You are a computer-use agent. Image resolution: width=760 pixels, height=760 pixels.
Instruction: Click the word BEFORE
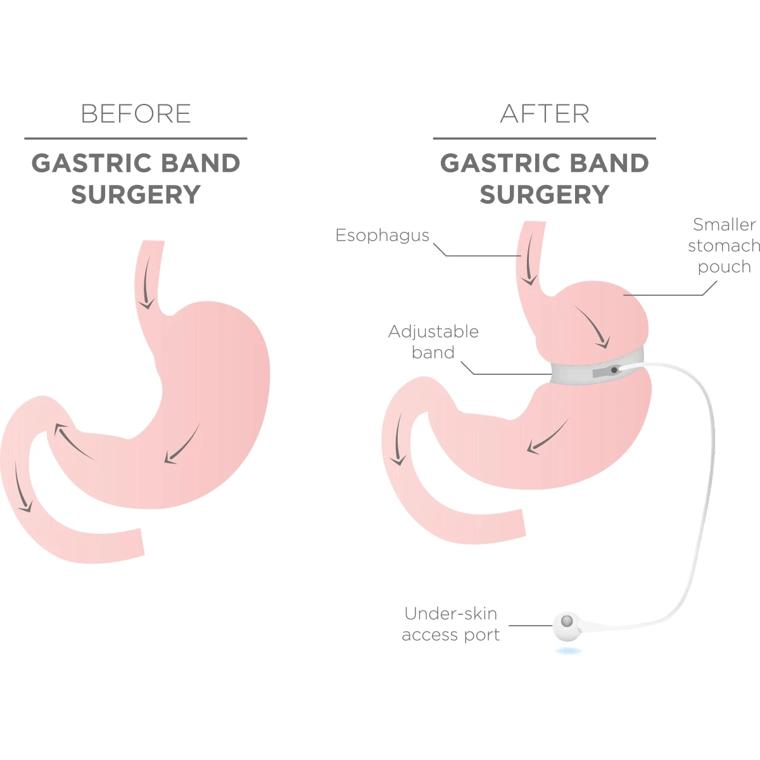point(136,114)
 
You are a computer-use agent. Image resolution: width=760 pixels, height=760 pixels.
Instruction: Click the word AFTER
point(545,114)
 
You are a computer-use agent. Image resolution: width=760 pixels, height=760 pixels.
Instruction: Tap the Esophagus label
point(382,236)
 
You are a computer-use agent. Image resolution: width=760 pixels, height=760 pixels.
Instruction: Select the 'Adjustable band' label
point(433,342)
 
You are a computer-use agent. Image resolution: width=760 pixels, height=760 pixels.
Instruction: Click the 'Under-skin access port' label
point(450,624)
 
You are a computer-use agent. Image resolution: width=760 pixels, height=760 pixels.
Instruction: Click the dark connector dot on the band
point(614,369)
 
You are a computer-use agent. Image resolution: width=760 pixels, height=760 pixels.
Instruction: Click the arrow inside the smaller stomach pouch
point(593,327)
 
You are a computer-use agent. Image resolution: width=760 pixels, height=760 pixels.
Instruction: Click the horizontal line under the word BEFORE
point(136,138)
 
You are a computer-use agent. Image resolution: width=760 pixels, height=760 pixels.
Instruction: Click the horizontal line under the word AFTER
point(545,138)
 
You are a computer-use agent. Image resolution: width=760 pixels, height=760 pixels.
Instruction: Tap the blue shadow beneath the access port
point(568,650)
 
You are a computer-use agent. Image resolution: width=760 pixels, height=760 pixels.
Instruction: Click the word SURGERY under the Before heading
point(136,194)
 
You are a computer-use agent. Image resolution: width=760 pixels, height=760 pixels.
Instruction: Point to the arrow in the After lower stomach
point(547,437)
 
